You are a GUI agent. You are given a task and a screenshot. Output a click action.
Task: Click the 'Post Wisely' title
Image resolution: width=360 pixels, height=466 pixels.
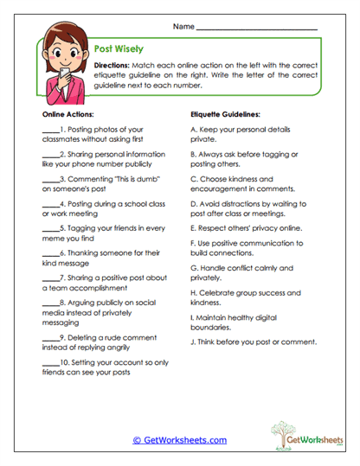click(x=119, y=49)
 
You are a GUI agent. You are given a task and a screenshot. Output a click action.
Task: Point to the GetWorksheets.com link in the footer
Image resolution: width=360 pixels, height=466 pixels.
click(x=179, y=440)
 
